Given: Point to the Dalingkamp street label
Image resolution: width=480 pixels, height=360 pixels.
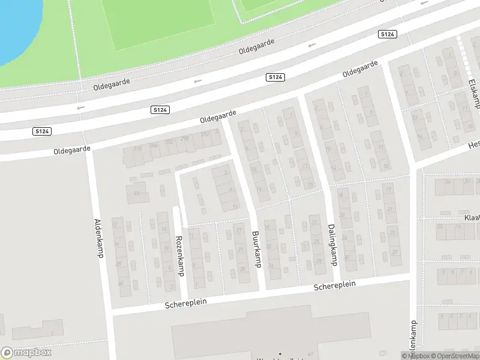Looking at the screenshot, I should (x=331, y=244).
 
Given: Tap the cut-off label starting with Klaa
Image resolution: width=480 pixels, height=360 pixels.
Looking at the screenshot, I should (x=471, y=219).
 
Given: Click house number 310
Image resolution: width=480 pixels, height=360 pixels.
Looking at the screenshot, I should (x=137, y=148).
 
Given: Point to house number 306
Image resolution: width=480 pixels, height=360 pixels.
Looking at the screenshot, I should (x=154, y=145).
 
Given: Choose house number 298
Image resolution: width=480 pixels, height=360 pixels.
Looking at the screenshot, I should (x=184, y=139).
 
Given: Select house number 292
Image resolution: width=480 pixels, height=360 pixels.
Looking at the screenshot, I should (x=206, y=134).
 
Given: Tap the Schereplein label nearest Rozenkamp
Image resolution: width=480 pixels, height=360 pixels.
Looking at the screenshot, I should (x=186, y=304).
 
